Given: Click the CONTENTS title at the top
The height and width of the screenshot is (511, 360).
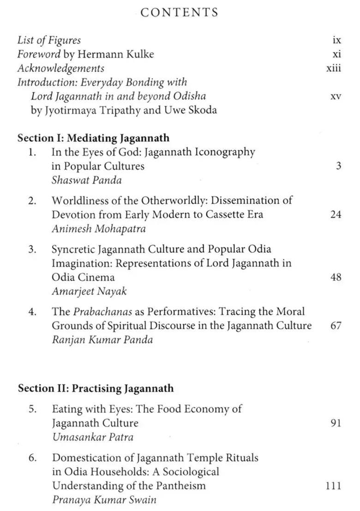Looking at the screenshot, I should (x=180, y=12).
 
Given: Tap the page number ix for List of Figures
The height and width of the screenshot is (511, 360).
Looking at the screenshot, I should (x=337, y=40).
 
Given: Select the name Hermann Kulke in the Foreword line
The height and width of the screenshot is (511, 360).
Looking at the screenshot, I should (x=115, y=54).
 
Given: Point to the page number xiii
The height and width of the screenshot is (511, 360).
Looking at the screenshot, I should (x=333, y=69).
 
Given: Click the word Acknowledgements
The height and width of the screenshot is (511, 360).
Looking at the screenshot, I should (x=61, y=69).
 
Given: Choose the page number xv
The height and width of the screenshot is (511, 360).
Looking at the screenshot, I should (x=336, y=97).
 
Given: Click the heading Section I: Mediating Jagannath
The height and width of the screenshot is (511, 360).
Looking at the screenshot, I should (x=93, y=138).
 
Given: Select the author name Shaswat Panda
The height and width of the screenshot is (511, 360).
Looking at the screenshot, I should (x=86, y=180).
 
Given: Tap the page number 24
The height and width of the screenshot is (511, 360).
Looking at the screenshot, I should (x=336, y=214).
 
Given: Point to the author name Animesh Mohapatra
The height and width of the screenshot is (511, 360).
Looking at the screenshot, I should (x=98, y=228).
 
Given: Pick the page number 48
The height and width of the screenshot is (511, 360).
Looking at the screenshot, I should (x=336, y=277).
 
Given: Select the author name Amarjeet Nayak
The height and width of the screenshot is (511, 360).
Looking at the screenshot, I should (x=89, y=291).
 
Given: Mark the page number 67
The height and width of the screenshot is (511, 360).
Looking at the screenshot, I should (x=336, y=326).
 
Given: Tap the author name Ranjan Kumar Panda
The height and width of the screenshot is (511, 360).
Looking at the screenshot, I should (x=102, y=340).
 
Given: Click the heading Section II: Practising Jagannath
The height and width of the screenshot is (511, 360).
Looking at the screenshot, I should (x=96, y=388).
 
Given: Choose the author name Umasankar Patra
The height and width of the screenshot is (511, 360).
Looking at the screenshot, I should (x=92, y=437).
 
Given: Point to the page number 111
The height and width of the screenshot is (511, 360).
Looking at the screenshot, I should (x=333, y=485).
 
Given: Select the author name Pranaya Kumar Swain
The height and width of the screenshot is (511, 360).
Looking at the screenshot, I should (x=104, y=499).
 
